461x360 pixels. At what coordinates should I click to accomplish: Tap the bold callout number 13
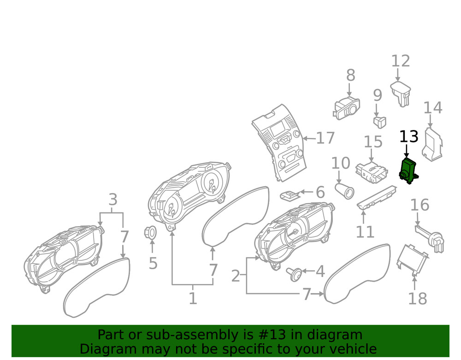408,137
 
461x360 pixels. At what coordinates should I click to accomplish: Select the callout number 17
325,138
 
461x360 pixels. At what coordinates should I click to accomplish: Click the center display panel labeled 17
278,143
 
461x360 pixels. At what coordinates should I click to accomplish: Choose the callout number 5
153,263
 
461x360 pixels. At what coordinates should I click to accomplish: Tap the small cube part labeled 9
379,121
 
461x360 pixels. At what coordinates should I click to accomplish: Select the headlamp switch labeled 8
346,107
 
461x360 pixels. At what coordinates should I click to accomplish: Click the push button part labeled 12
401,94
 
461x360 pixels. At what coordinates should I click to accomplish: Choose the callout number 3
113,200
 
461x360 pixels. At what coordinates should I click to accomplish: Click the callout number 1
193,298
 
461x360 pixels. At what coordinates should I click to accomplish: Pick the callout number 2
236,277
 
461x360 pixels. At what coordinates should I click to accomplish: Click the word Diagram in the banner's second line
105,348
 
